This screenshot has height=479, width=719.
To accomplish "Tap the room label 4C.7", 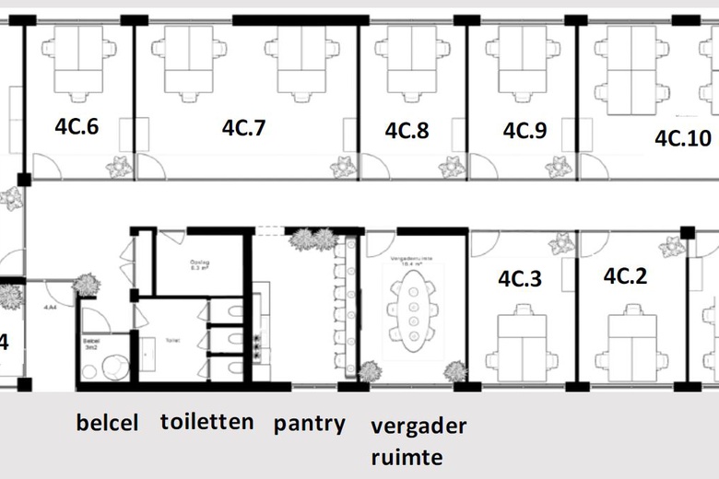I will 243,128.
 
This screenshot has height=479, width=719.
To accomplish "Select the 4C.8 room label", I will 407,131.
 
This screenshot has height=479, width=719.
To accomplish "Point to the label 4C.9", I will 525,131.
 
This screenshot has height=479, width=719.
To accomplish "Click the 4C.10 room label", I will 683,138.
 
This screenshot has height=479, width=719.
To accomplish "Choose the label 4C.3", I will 520,277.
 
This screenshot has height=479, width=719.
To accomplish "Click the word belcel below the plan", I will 108,424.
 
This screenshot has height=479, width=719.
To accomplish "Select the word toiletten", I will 206,422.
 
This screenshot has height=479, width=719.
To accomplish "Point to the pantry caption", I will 310,424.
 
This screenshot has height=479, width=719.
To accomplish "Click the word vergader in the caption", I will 418,426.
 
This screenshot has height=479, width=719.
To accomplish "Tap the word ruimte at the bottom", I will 407,457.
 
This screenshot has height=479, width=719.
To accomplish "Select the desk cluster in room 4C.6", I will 77,60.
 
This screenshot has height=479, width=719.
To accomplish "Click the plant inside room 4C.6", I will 118,167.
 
